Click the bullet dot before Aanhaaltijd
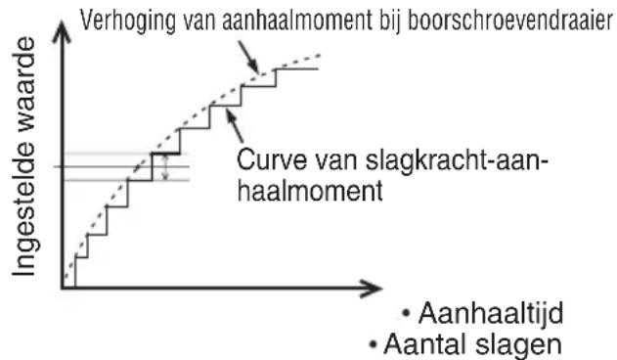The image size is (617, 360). click(407, 315)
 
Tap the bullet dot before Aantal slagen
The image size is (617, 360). click(374, 345)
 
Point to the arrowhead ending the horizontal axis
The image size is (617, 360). click(372, 289)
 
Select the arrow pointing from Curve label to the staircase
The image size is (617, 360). click(233, 120)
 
